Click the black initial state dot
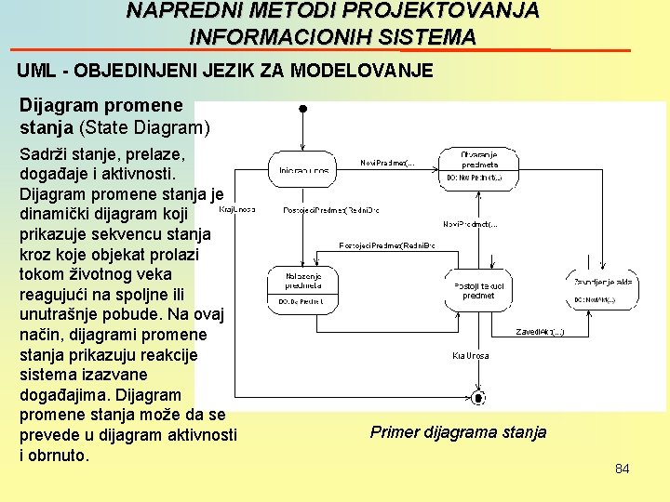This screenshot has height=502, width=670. tap(302, 109)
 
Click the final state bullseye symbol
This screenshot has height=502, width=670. tap(478, 398)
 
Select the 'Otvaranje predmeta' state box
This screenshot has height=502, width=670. tap(478, 165)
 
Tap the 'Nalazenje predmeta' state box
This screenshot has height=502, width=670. tap(302, 289)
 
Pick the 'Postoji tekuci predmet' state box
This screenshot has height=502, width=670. tap(478, 291)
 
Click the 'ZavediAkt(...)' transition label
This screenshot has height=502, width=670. tap(540, 331)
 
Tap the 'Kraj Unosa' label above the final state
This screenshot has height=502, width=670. tap(471, 355)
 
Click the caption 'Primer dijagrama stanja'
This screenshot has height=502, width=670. tap(458, 432)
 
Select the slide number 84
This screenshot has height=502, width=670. tap(622, 469)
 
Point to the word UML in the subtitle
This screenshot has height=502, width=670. tap(36, 71)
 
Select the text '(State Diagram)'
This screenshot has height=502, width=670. tap(146, 126)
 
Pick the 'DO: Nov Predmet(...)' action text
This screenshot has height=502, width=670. tap(474, 177)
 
